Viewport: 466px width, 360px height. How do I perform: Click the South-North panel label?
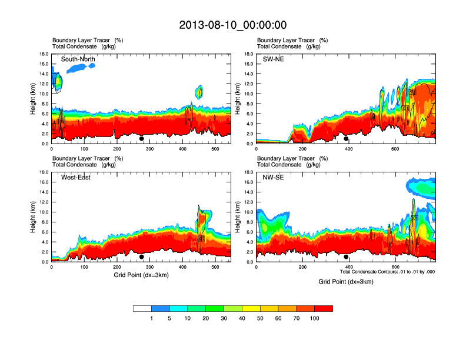[x=78, y=59]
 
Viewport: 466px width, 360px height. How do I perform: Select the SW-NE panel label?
[x=272, y=59]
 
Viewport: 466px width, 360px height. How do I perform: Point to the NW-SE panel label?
[x=273, y=178]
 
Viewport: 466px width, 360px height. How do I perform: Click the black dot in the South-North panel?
[x=141, y=139]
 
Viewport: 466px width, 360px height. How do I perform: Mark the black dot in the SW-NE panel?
[x=346, y=139]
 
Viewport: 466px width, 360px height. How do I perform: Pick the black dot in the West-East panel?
[x=141, y=257]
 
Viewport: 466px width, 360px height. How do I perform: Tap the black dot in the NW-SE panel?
[x=346, y=257]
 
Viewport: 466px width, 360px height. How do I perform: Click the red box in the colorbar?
[x=324, y=308]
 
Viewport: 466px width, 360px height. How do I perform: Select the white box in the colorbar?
[x=142, y=308]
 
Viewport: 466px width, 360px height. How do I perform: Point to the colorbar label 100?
[x=315, y=318]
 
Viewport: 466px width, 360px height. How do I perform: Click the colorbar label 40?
[x=242, y=318]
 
